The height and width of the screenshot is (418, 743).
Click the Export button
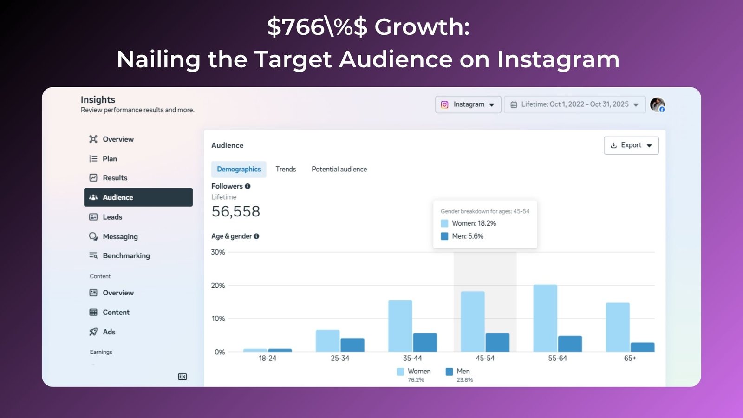[631, 145]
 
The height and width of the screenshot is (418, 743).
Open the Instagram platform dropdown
[468, 104]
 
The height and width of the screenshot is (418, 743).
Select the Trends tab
[286, 169]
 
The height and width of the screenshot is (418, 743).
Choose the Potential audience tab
[339, 169]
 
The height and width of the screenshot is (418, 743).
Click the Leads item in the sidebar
[112, 217]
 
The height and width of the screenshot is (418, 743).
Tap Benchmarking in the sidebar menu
[126, 255]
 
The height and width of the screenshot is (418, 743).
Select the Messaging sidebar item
[120, 236]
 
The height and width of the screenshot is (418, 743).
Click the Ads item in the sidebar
[109, 332]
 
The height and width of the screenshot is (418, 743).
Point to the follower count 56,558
[235, 211]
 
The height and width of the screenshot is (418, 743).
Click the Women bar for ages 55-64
[545, 318]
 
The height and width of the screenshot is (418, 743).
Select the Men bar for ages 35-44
[425, 342]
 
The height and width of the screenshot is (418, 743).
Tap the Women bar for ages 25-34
[328, 340]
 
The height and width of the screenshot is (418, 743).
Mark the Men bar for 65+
[642, 347]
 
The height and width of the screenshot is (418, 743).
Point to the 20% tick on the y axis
[218, 285]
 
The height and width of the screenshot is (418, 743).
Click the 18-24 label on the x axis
[267, 358]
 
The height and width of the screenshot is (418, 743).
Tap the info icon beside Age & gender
[256, 236]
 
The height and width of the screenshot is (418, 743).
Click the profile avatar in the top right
[657, 104]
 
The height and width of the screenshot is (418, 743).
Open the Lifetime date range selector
[574, 104]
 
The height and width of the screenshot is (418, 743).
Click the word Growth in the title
[422, 27]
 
